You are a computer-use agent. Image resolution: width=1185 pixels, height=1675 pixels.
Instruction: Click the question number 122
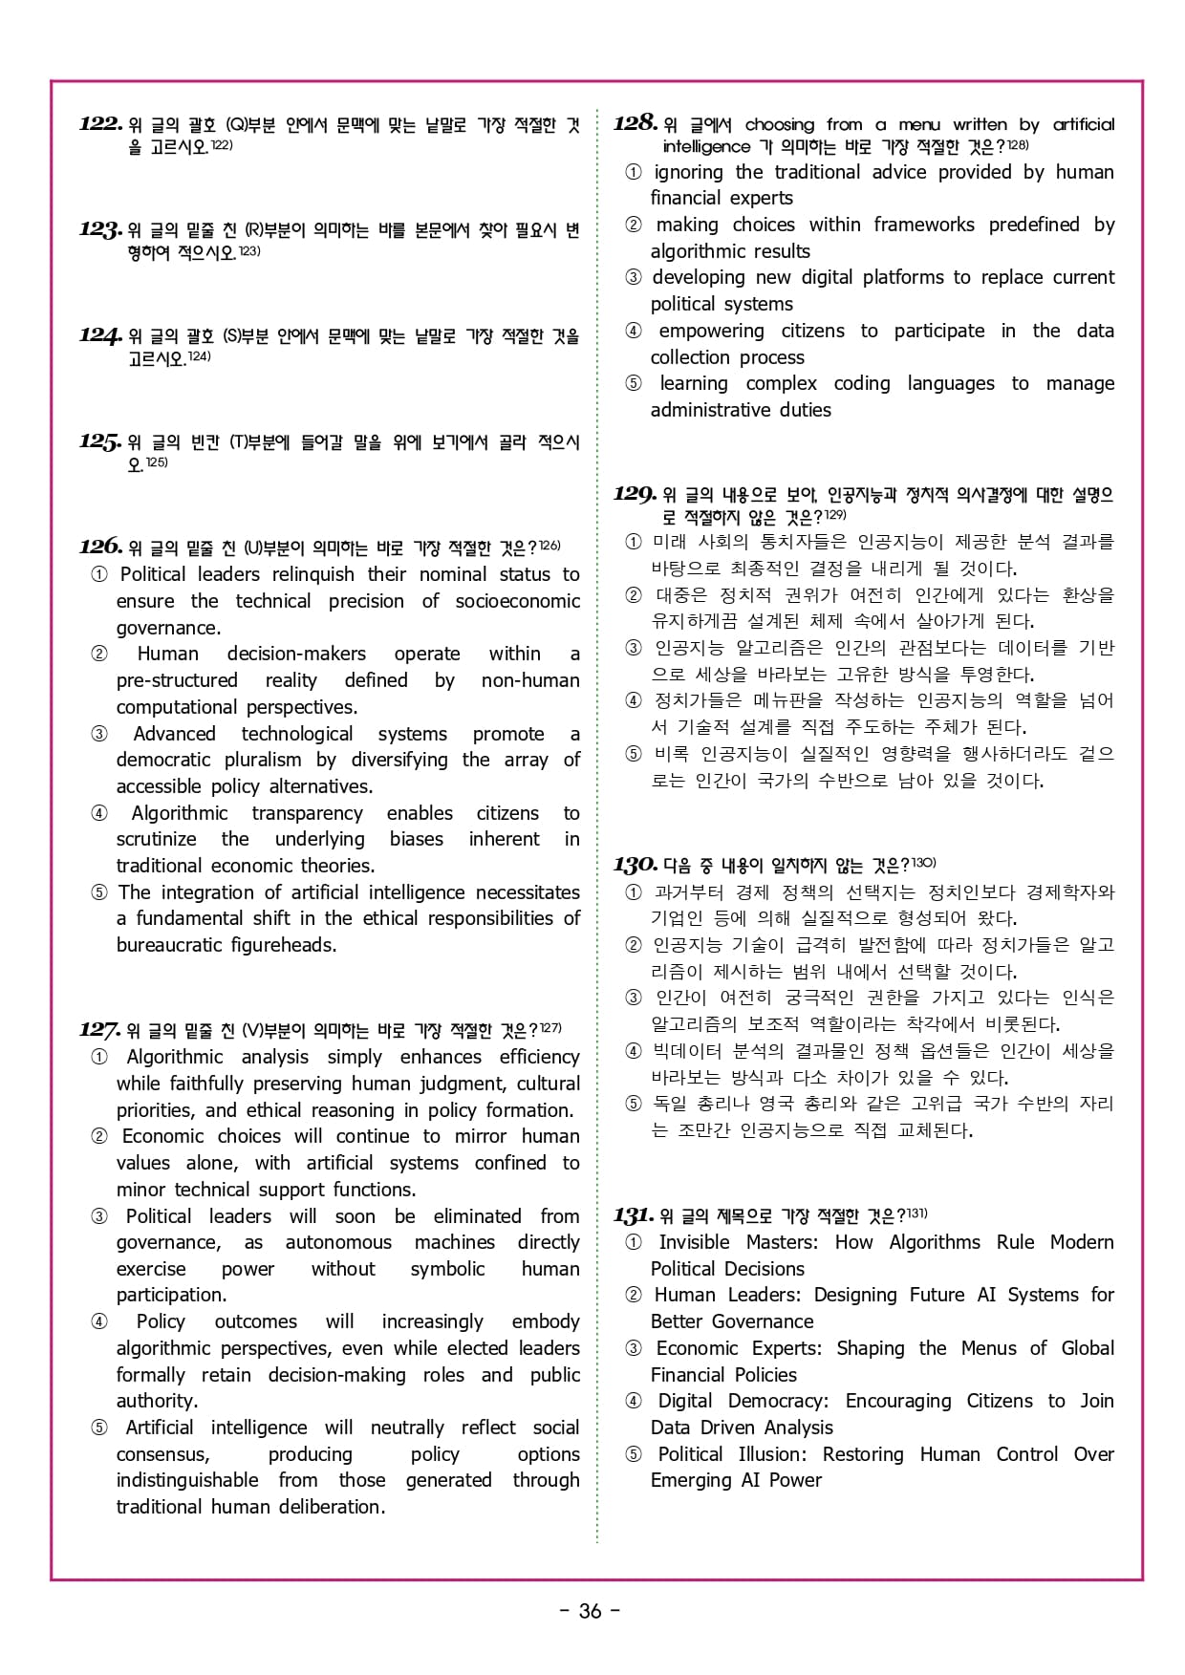100,124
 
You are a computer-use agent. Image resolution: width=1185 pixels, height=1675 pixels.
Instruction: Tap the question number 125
100,441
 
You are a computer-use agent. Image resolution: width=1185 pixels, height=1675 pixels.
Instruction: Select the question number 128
636,123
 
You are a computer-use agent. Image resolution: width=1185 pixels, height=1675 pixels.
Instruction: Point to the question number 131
634,1215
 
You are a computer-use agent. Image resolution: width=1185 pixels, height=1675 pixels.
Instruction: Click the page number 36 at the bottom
591,1611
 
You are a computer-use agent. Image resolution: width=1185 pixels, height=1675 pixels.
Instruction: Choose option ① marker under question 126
99,574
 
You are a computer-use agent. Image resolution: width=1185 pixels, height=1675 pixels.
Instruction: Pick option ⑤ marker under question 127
99,1428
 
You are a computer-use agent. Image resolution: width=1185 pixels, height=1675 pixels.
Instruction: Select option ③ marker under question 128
633,277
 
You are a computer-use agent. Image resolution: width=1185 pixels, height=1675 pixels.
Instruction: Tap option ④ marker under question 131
634,1401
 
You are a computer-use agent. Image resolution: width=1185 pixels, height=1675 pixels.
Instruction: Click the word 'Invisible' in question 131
695,1242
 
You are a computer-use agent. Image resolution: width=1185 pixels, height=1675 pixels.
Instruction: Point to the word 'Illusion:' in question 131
772,1454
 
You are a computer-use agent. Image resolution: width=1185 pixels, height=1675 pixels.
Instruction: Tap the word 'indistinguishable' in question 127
187,1480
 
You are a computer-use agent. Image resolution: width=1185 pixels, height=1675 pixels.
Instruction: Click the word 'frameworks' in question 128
924,225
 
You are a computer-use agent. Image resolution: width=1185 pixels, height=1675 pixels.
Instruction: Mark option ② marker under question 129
633,595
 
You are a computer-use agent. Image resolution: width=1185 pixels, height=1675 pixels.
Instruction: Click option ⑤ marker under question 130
633,1104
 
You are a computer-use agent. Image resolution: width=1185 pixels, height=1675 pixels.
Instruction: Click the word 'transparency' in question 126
307,813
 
